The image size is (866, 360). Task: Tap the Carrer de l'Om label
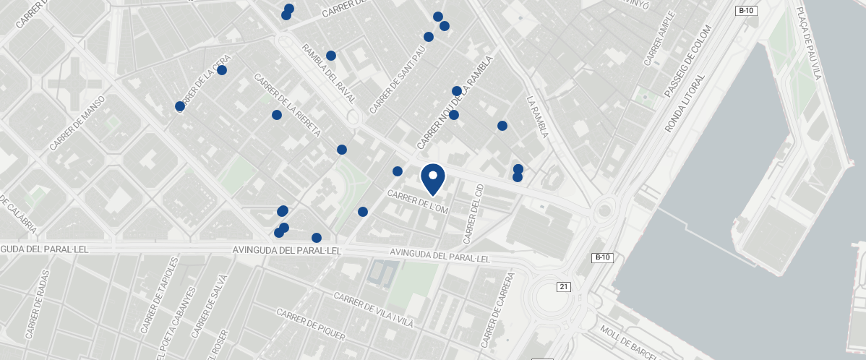click(x=418, y=202)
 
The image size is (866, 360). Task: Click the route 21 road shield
click(x=564, y=287)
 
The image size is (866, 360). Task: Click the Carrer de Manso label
click(x=77, y=123)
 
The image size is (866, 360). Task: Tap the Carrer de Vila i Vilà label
click(x=373, y=310)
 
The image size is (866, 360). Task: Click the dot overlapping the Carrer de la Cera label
click(x=180, y=106)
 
